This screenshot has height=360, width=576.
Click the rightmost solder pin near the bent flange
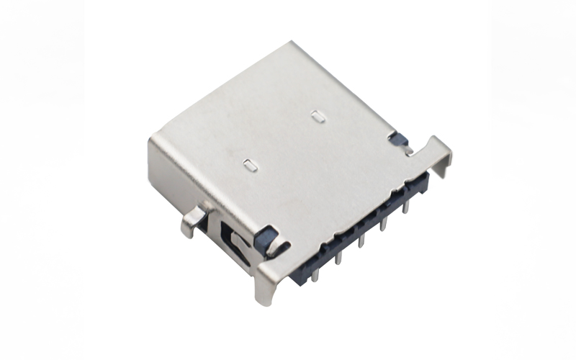coord(407,207)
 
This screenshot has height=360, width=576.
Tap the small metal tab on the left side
coord(192,219)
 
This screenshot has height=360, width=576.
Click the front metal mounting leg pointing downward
coord(269,288)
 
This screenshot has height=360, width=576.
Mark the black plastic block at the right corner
coord(396,138)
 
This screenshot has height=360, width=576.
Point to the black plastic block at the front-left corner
coord(268,238)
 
